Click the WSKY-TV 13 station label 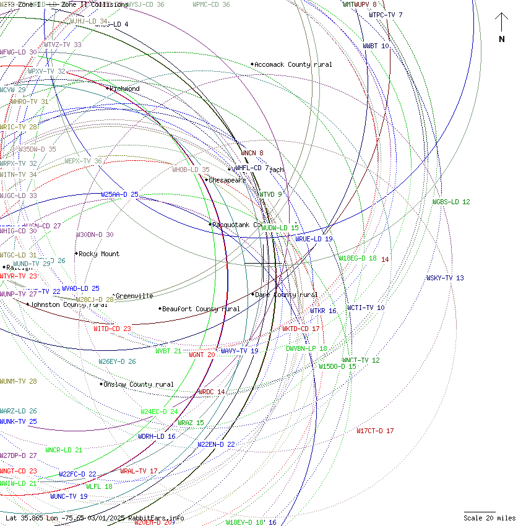(444, 278)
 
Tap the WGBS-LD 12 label (451, 202)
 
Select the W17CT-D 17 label (375, 431)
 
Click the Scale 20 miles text (489, 518)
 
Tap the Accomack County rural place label (293, 64)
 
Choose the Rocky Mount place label (99, 254)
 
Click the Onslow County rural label (138, 384)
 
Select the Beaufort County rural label (200, 309)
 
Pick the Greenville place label (134, 296)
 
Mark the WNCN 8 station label (252, 153)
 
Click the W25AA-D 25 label (119, 194)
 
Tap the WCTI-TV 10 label (366, 308)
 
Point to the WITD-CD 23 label (112, 329)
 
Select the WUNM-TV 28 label (19, 381)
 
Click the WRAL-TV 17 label (139, 471)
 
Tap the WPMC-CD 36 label (211, 4)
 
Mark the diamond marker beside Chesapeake (206, 180)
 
